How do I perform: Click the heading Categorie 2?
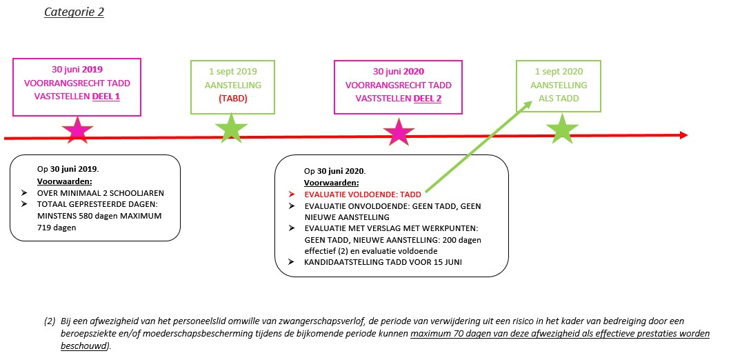tap(74, 12)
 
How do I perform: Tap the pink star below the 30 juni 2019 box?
tap(77, 130)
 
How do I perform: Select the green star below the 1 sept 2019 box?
tap(231, 129)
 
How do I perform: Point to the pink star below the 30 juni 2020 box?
tap(398, 132)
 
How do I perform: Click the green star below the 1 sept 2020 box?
tap(562, 129)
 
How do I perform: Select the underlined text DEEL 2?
tap(427, 99)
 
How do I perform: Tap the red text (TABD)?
tap(232, 99)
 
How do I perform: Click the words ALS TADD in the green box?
tap(559, 99)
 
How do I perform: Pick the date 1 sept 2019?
tap(232, 71)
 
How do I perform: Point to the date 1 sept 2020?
tap(559, 71)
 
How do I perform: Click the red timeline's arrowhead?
tap(683, 135)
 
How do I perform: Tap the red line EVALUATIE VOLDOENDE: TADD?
tap(362, 194)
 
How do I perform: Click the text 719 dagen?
tap(57, 228)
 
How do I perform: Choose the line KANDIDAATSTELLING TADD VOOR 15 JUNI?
tap(382, 261)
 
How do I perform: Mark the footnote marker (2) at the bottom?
tap(50, 321)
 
